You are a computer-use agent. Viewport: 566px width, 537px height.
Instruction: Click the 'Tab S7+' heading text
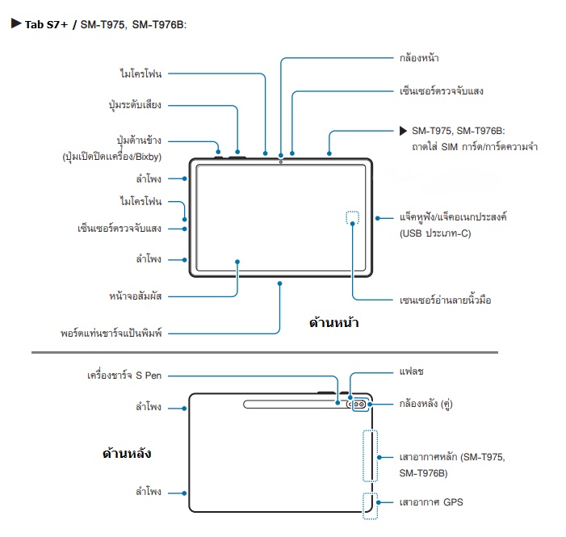tap(46, 24)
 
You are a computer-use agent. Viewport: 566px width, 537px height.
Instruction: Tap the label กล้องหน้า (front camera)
tap(419, 58)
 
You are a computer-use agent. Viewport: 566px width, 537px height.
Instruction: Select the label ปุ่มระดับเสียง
tap(135, 105)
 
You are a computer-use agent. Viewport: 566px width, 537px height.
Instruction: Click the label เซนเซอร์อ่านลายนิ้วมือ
tap(445, 300)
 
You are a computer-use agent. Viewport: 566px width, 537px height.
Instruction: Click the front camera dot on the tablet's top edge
tap(281, 162)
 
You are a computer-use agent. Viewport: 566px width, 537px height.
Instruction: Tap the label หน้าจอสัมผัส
tap(136, 296)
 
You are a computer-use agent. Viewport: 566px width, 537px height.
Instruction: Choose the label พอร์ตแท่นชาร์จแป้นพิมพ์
tap(111, 333)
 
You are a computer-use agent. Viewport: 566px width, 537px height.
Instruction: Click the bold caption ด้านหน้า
tap(334, 322)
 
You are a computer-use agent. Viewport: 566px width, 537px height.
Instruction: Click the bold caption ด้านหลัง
tap(127, 453)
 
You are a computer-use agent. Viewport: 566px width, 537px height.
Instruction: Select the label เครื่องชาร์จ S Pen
tap(124, 375)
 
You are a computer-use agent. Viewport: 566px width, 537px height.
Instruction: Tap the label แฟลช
tap(412, 371)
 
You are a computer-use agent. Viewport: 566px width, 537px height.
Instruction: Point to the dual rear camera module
tap(359, 404)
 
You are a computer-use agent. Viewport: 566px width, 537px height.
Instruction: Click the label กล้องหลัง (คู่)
tap(426, 404)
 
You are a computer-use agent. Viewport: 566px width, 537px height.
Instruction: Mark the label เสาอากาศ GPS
tap(431, 502)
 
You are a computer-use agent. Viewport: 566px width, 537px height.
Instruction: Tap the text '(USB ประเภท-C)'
tap(435, 233)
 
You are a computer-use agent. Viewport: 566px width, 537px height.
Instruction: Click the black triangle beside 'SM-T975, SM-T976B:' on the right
tap(403, 131)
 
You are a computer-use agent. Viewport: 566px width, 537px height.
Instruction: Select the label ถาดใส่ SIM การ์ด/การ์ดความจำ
tap(475, 147)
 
